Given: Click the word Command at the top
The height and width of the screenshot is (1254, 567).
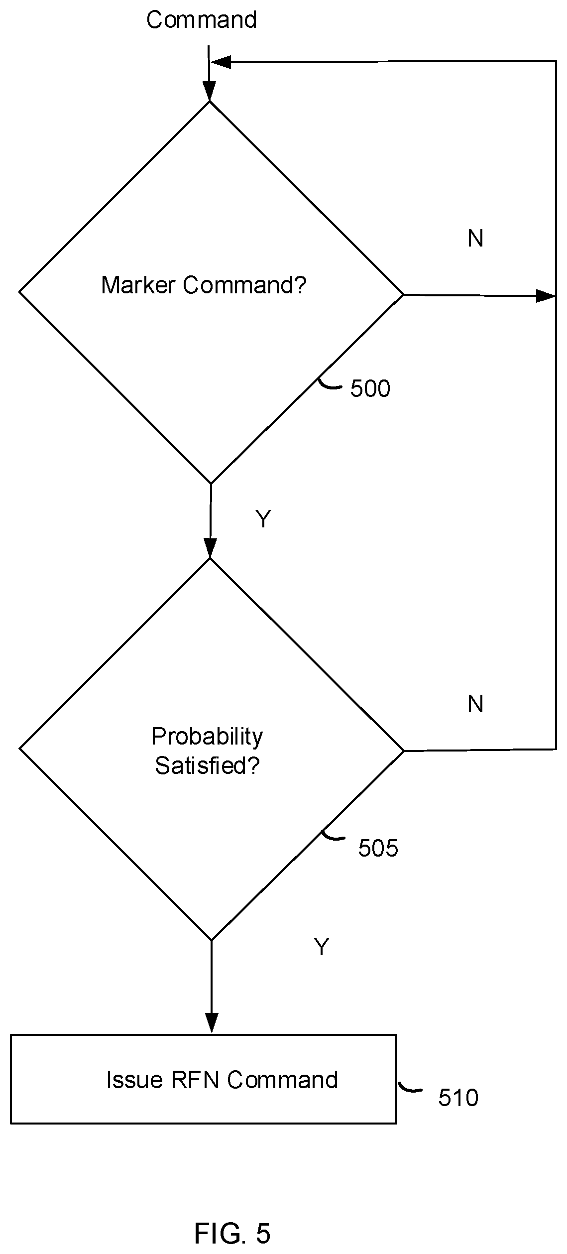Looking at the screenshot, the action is [202, 20].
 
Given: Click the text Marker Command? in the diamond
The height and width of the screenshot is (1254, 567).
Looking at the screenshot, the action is [204, 285].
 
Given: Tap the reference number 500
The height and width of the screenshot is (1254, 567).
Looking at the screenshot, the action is [370, 388].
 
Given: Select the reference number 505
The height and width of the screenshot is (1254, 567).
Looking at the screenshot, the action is [378, 848].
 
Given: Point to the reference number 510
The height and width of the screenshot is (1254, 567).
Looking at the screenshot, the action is [458, 1098].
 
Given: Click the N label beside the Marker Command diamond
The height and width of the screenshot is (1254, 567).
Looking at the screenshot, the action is [475, 239].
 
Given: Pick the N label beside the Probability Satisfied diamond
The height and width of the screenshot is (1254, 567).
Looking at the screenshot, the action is [475, 704].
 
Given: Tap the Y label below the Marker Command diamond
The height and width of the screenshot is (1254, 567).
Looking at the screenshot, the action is [263, 519].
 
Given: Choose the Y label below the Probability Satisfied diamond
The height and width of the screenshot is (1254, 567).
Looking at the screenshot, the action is [322, 947].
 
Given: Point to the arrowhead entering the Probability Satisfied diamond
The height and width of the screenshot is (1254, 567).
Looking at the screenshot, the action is [210, 548].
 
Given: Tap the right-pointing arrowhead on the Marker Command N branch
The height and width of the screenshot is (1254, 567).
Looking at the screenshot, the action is [546, 296].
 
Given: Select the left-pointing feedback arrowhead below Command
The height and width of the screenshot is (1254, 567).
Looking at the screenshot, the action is [221, 62].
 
